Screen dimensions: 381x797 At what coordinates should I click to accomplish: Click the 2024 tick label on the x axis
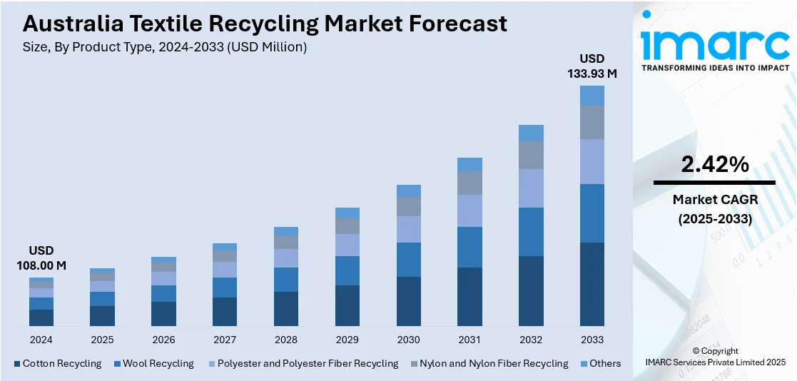(41, 340)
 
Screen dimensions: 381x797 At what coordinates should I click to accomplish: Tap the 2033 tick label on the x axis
(592, 340)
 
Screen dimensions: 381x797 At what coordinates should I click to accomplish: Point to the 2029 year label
(347, 340)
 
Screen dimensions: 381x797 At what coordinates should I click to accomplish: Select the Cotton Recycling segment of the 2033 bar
(592, 284)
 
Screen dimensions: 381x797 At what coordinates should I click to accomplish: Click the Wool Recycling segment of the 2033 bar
(592, 213)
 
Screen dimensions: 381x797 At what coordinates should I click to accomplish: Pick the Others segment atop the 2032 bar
(531, 133)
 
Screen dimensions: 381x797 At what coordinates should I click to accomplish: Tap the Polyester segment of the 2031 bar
(469, 210)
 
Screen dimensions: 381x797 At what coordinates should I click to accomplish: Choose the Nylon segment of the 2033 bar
(592, 122)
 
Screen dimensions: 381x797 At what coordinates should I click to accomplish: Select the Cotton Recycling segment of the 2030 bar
(409, 301)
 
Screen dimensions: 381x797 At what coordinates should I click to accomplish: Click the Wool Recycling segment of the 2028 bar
(286, 280)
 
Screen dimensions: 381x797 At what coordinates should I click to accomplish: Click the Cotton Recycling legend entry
(58, 363)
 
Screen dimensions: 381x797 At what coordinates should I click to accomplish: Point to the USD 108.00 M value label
(41, 258)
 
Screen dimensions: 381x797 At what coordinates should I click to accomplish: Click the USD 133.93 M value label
(592, 66)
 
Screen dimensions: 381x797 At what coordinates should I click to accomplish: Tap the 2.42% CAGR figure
(714, 165)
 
